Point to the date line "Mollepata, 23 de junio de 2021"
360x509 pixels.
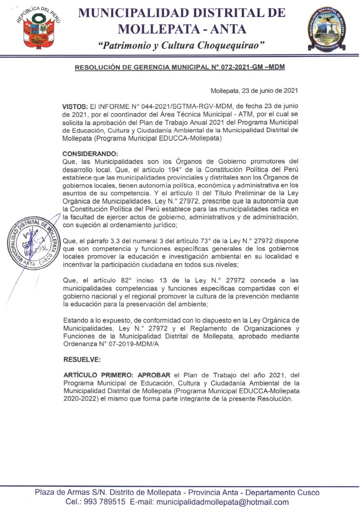(254, 91)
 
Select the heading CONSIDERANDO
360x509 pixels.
(89, 154)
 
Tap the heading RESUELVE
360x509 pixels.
(82, 360)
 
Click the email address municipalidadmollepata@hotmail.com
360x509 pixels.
(222, 502)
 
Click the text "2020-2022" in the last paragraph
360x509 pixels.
(78, 399)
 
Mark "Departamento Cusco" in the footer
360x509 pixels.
(286, 492)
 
